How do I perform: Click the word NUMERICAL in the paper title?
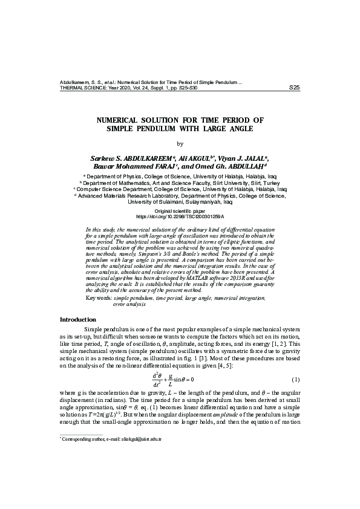point(122,120)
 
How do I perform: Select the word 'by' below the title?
point(179,143)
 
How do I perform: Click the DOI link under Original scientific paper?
point(180,216)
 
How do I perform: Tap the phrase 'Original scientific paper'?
point(180,210)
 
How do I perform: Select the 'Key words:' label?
point(99,299)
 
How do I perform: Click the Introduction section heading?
point(78,319)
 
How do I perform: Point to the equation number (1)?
point(296,379)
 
